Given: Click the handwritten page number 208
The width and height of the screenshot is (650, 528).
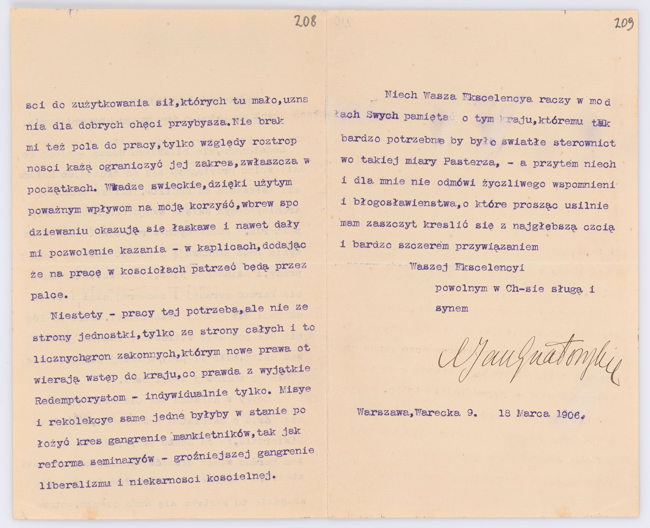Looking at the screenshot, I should [305, 22].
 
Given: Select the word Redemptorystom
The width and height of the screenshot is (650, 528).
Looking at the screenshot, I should [80, 399].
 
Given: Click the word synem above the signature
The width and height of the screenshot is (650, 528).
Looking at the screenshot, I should [452, 309].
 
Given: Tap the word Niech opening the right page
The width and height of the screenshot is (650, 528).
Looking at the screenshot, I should [401, 95].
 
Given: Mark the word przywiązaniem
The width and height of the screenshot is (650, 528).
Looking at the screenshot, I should [497, 246].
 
